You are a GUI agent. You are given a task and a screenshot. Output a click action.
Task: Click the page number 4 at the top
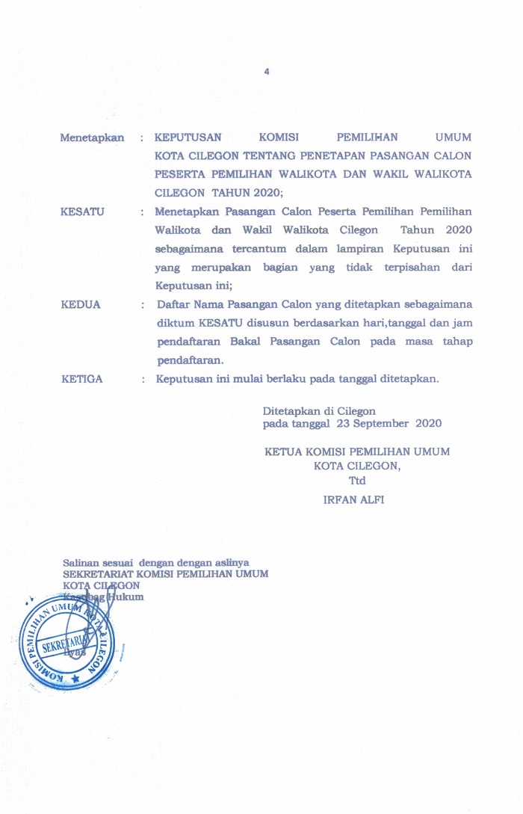[266, 72]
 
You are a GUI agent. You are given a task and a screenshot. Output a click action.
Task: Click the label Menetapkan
[92, 138]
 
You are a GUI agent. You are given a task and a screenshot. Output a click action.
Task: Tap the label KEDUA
[81, 305]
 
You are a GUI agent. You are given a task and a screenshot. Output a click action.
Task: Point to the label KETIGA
[82, 379]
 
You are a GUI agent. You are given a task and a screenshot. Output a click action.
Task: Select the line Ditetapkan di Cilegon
[319, 411]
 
